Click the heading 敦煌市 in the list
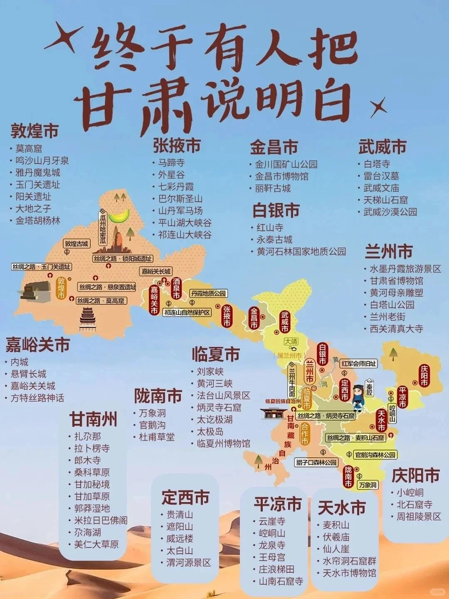34,131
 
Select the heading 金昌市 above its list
274,147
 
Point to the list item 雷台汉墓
381,176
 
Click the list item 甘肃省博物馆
396,281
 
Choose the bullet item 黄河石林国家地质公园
301,252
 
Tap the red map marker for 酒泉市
176,288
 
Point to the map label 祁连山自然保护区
187,313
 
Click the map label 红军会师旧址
359,364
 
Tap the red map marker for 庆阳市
424,376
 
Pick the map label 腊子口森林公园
317,463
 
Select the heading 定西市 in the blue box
185,497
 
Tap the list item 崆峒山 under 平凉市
272,533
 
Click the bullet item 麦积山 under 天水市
336,525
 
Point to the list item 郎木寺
87,460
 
